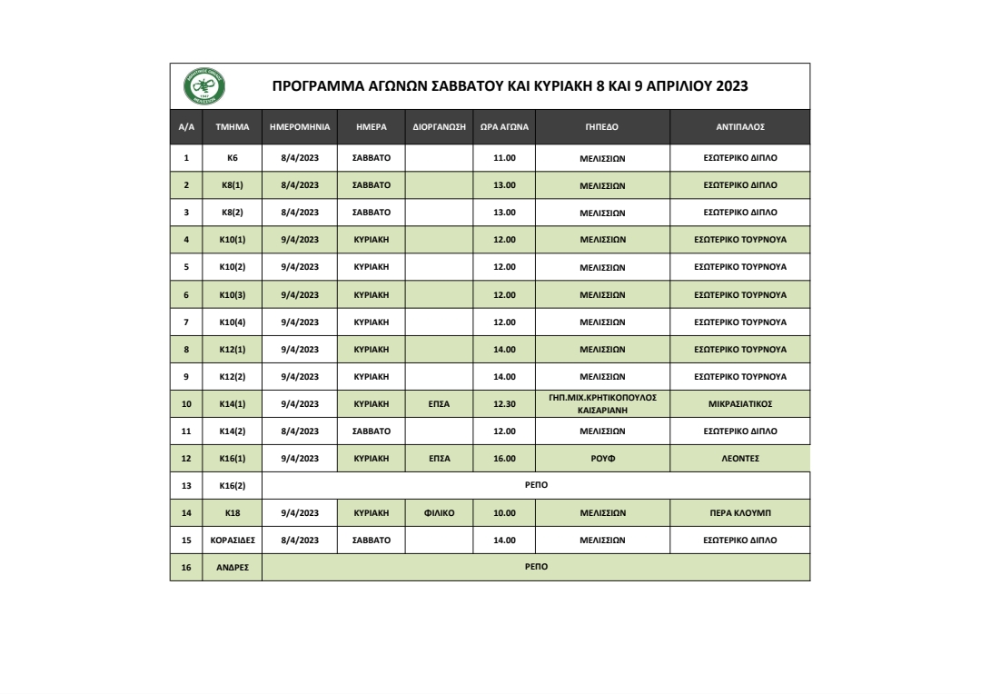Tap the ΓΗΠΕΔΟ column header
pos(602,128)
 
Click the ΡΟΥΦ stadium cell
pos(602,459)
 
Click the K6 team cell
pos(232,157)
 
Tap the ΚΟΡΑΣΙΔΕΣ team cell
pos(232,540)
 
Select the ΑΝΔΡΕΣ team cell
pos(232,568)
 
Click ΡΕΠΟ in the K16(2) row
pos(535,486)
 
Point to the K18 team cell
pos(232,513)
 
